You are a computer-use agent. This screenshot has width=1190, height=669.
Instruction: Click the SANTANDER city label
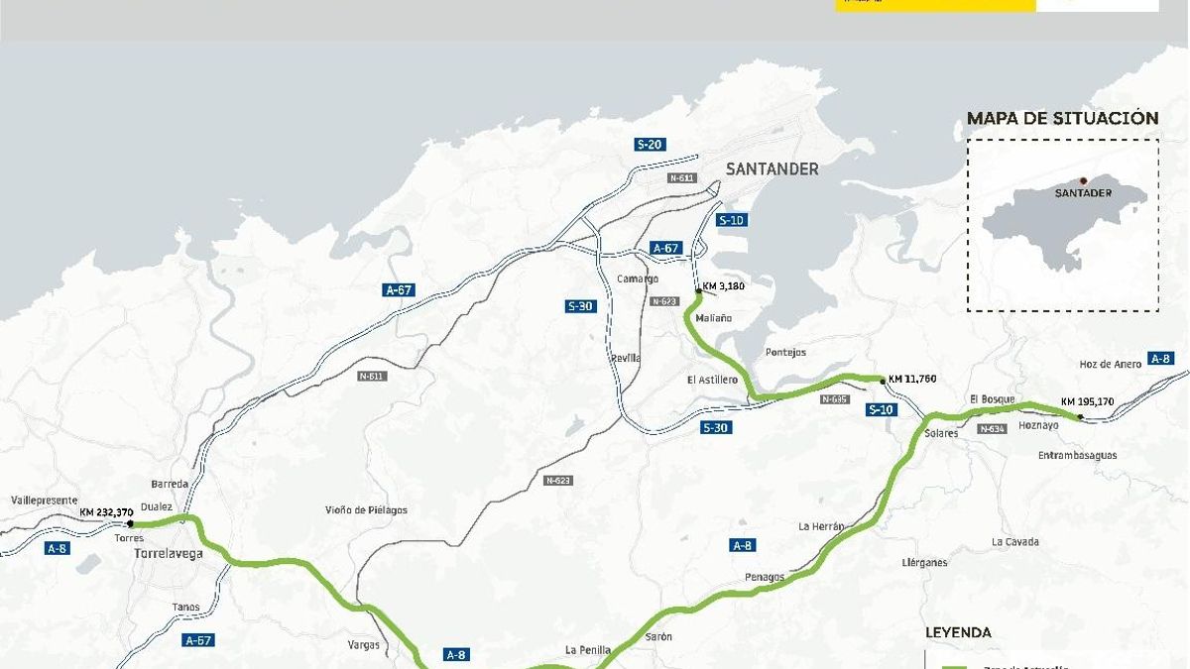click(x=773, y=168)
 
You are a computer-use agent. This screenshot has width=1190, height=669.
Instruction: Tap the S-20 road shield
click(x=649, y=145)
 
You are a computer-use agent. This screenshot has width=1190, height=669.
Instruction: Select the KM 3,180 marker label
click(x=723, y=285)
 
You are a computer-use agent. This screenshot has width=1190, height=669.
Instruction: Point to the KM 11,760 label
click(x=912, y=379)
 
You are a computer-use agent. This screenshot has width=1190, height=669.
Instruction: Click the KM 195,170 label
click(x=1087, y=401)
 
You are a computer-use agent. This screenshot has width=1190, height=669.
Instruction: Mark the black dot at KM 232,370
click(x=130, y=523)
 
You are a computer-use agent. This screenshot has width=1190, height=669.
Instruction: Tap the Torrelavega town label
click(x=168, y=554)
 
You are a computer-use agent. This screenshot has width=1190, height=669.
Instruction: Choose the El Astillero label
click(x=712, y=380)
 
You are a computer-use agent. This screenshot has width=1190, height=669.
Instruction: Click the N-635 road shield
click(x=835, y=399)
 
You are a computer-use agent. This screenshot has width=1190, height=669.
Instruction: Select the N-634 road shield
click(x=992, y=429)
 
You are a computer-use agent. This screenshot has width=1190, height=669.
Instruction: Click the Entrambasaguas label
click(x=1076, y=455)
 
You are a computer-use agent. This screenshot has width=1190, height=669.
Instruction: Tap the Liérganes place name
click(x=924, y=562)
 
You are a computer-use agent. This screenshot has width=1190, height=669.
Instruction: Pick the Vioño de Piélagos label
click(x=366, y=510)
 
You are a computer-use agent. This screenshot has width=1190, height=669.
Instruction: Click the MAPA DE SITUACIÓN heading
click(x=1062, y=119)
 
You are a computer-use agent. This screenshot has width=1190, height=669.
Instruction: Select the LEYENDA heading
click(x=958, y=632)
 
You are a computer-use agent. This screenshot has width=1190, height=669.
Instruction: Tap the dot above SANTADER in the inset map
click(x=1083, y=180)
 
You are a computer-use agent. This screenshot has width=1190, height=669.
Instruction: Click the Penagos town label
click(x=765, y=577)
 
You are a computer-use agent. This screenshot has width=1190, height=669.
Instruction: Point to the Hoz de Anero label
click(x=1110, y=364)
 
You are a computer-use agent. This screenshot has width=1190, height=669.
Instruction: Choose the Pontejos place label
click(x=785, y=353)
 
